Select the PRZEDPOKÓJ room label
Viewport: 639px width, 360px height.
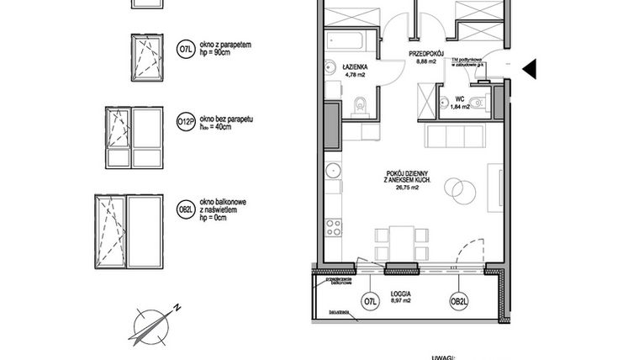coord(426,52)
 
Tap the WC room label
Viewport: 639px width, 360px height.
coord(460,98)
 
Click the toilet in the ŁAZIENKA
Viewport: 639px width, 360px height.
coord(361,105)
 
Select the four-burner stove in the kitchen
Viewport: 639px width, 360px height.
coord(334,227)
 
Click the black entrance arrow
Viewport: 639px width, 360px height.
coord(529,70)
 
